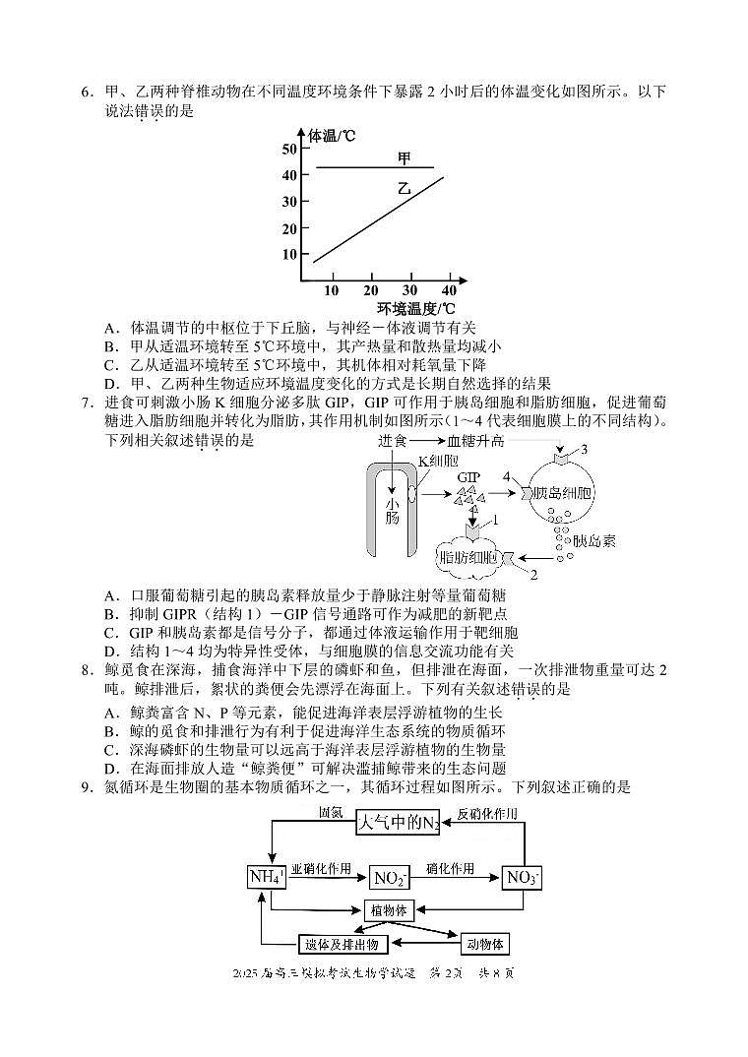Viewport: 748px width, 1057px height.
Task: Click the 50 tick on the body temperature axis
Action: pyautogui.click(x=288, y=149)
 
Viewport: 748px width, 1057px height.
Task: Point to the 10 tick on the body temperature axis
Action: pyautogui.click(x=288, y=254)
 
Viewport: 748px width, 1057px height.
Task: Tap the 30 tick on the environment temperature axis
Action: pyautogui.click(x=410, y=290)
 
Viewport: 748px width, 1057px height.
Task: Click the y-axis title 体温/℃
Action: pyautogui.click(x=332, y=135)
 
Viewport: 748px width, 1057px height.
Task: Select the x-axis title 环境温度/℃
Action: pyautogui.click(x=405, y=309)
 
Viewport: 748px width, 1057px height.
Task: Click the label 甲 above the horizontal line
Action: pyautogui.click(x=405, y=157)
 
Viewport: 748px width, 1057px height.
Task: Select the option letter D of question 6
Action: pyautogui.click(x=110, y=384)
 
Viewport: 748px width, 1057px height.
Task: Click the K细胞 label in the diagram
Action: pyautogui.click(x=437, y=461)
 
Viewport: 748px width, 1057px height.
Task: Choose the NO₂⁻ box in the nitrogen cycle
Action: pyautogui.click(x=389, y=878)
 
